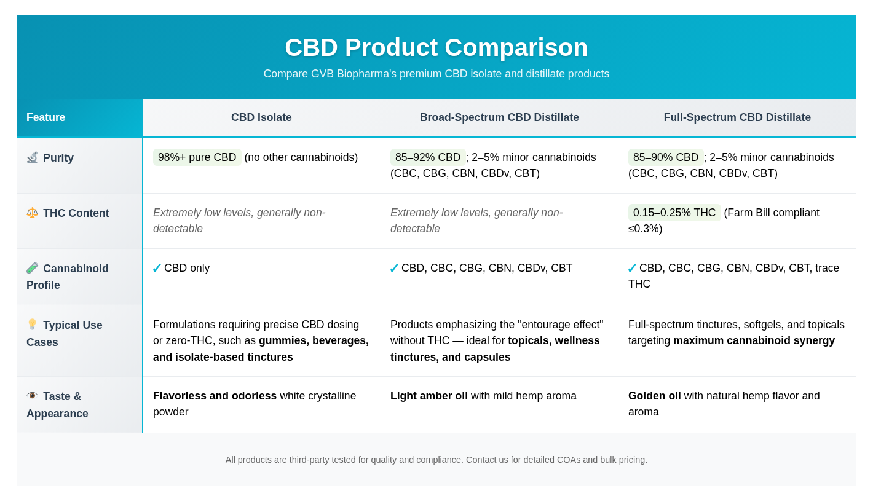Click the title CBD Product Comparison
point(436,47)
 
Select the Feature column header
point(45,117)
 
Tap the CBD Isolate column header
point(261,117)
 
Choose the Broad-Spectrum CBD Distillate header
point(499,117)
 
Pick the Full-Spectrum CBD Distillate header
point(737,117)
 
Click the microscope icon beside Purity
point(32,157)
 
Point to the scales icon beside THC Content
point(32,213)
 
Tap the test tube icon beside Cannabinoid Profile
point(32,268)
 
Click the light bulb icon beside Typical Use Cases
point(32,324)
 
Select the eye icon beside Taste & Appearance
point(32,395)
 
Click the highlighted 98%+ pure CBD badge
point(197,157)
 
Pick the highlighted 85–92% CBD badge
point(428,157)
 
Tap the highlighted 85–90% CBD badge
point(666,157)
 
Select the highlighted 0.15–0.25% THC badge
point(674,213)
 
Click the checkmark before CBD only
point(157,269)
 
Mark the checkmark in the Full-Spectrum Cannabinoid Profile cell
point(632,269)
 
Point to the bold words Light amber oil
point(429,396)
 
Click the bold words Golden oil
point(654,396)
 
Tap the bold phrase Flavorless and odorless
point(215,396)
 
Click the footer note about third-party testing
point(436,460)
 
